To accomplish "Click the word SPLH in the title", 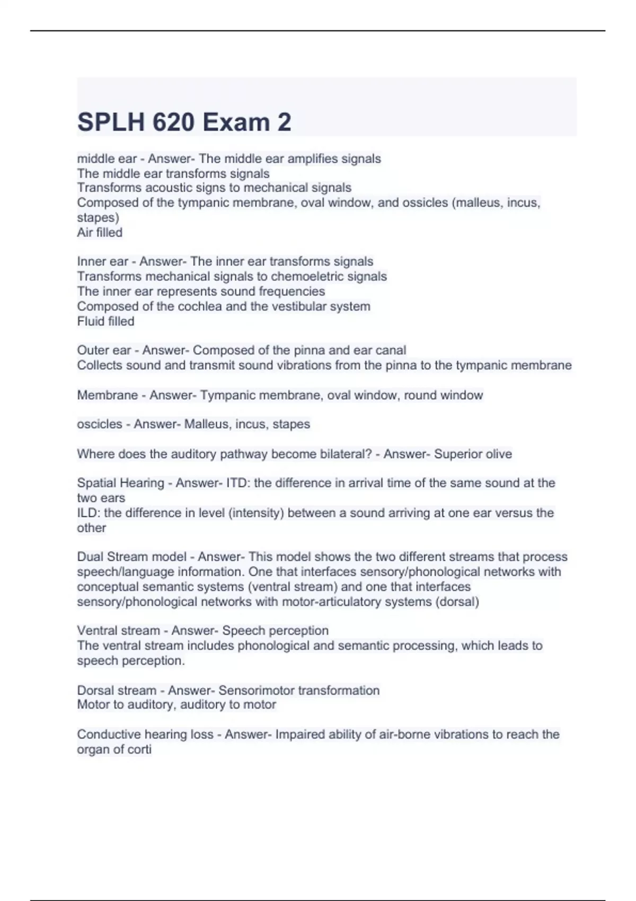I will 111,122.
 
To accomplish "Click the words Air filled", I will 100,232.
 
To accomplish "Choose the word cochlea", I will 200,306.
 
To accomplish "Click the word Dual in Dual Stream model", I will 90,557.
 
